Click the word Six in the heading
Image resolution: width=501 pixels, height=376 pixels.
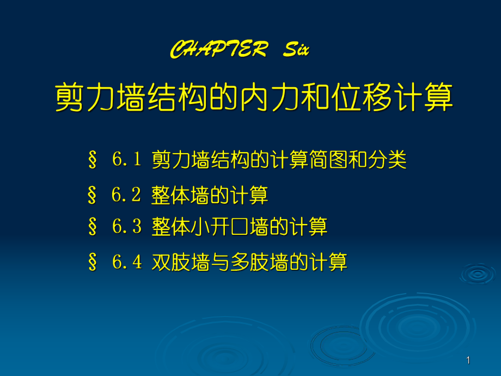296,51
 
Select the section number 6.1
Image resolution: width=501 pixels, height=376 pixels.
126,160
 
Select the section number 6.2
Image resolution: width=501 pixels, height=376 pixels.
126,195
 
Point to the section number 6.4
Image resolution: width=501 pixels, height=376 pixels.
126,262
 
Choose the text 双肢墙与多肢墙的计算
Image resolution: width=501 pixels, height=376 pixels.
249,263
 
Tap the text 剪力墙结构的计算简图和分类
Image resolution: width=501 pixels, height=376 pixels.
279,161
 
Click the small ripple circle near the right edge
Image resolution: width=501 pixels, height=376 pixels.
478,273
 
